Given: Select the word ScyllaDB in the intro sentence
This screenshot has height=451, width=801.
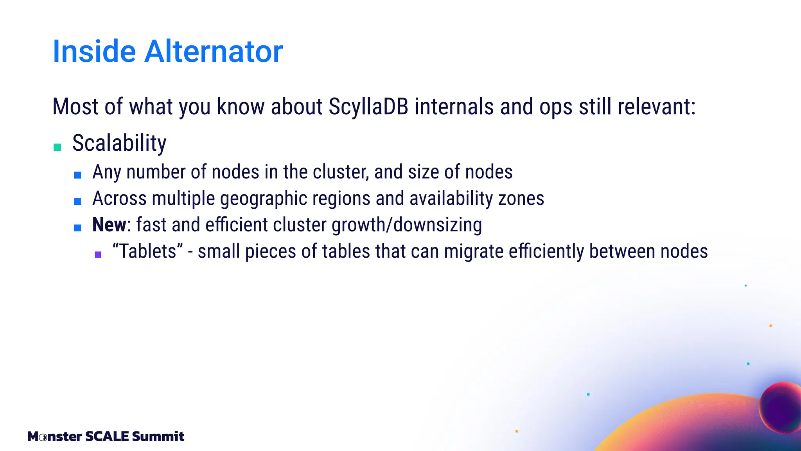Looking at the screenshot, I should click(368, 106).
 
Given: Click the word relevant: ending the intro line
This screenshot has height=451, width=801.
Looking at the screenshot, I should click(657, 106).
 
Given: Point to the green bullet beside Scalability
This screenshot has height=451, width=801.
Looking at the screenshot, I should click(57, 147).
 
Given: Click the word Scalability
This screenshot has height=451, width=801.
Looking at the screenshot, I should click(119, 143).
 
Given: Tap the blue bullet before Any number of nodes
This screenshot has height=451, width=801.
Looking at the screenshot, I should click(78, 175).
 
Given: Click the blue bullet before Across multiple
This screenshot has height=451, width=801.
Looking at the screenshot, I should click(78, 202).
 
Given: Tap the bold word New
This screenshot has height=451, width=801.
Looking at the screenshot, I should click(109, 225).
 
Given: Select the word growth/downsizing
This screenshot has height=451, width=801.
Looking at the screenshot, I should click(406, 225).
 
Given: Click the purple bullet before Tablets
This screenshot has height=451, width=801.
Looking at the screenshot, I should click(98, 254).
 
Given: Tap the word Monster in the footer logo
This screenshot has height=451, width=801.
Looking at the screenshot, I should click(55, 436).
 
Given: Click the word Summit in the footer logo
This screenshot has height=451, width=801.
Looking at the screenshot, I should click(158, 436).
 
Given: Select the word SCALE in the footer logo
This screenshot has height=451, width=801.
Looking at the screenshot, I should click(107, 436).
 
